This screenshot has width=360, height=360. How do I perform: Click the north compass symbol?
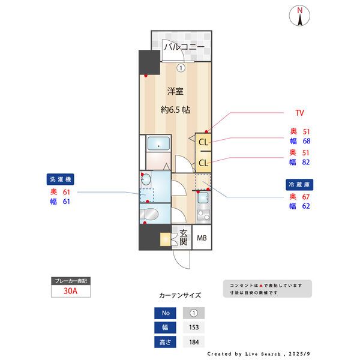click(299, 16)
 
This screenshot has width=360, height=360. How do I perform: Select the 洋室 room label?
click(175, 92)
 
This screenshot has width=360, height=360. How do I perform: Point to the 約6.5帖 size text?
click(175, 110)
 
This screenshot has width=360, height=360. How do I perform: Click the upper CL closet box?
click(203, 143)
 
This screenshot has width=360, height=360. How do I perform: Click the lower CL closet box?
click(203, 163)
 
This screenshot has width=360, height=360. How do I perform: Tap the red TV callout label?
click(299, 113)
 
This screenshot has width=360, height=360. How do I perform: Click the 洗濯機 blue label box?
click(60, 179)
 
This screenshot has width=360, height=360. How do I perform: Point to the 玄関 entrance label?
click(183, 238)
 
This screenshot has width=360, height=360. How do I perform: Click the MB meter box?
click(202, 238)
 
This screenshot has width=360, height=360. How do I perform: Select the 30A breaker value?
click(71, 292)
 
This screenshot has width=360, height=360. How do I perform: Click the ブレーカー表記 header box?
click(71, 281)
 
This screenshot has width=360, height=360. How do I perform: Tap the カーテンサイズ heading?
click(180, 296)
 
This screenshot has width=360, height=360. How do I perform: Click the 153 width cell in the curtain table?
click(193, 328)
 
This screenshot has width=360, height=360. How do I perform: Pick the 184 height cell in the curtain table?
click(193, 342)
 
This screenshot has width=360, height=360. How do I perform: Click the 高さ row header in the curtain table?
click(164, 342)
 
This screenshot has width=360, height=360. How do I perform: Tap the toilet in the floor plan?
click(150, 214)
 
